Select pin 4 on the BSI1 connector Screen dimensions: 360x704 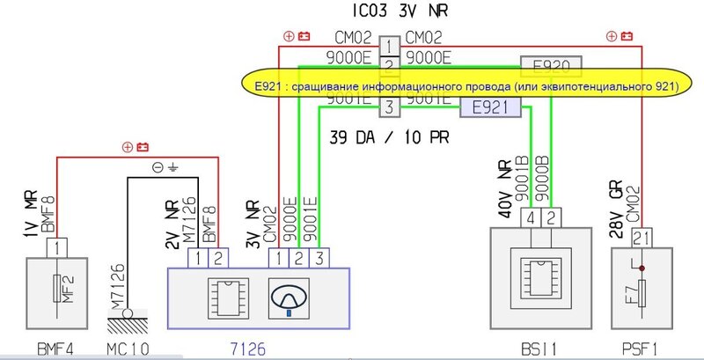pos(531,217)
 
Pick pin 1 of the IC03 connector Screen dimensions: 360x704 pos(388,45)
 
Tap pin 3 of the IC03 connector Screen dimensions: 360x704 pos(388,108)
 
